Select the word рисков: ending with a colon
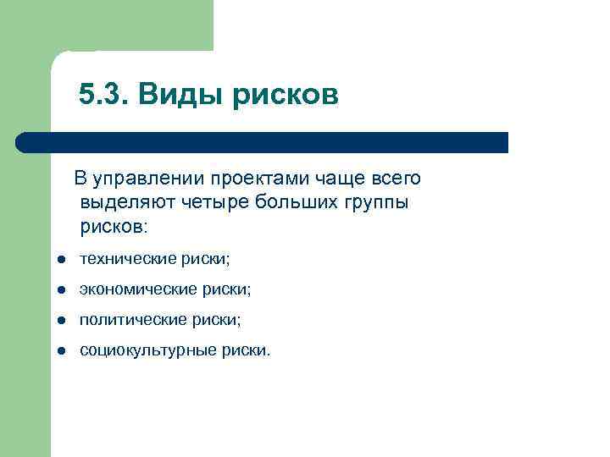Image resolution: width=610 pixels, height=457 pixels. click(x=114, y=227)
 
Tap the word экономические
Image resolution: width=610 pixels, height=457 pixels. click(x=134, y=289)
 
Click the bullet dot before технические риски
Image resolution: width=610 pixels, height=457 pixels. click(x=62, y=260)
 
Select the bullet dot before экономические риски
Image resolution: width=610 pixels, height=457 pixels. click(x=62, y=290)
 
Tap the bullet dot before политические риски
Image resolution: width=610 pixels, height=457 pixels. click(x=62, y=321)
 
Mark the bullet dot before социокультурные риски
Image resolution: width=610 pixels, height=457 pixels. click(x=62, y=351)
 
